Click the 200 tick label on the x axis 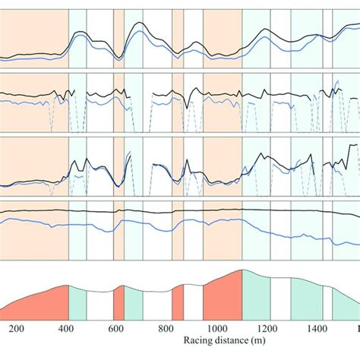click(17, 328)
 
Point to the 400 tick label click(66, 328)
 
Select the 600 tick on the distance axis click(115, 328)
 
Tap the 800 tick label click(166, 328)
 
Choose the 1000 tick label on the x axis click(216, 328)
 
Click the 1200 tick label click(267, 328)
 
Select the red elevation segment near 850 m click(178, 305)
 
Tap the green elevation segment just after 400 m click(77, 305)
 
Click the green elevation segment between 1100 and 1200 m click(256, 298)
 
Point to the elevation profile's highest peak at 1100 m click(242, 270)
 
